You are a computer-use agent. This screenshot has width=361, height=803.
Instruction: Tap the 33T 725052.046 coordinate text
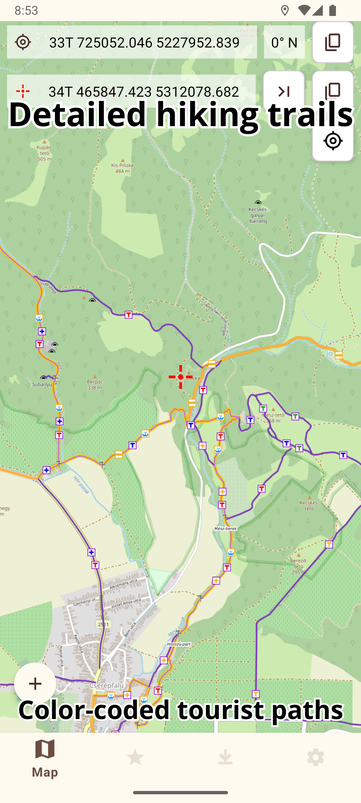click(144, 42)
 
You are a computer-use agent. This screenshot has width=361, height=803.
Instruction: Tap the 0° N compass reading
click(284, 42)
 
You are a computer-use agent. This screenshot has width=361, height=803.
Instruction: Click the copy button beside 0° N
click(333, 42)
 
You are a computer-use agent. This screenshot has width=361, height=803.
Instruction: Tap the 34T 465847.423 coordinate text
click(144, 92)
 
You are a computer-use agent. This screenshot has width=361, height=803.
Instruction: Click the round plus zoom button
click(35, 684)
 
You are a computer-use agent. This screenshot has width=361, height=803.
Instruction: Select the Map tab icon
click(45, 749)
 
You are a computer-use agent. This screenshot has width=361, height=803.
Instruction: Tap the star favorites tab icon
click(135, 757)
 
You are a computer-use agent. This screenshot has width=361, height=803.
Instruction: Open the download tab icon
click(225, 757)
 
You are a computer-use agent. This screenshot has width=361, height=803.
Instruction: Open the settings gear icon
click(316, 757)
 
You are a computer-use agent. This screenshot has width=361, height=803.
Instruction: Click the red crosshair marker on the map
click(180, 377)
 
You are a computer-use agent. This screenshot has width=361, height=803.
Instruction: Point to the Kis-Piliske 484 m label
click(122, 168)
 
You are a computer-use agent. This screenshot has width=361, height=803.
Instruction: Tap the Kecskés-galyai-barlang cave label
click(258, 215)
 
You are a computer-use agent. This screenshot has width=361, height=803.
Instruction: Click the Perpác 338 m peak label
click(95, 384)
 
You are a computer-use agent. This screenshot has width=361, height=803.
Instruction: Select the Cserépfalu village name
click(107, 686)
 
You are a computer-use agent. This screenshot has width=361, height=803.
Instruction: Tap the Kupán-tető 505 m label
click(44, 153)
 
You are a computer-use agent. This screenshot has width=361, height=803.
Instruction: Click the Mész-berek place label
click(226, 529)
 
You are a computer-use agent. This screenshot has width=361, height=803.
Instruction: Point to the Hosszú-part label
click(179, 644)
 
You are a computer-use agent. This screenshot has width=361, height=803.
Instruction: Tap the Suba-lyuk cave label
click(42, 384)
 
